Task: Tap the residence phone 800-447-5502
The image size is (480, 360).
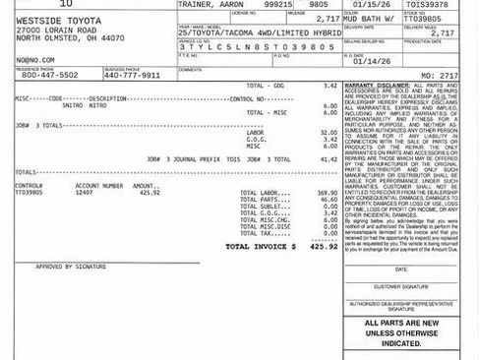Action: pos(49,74)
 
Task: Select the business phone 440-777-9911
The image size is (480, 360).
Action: pos(132,74)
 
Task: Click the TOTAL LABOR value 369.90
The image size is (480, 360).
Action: pos(321,193)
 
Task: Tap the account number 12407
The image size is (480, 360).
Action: pos(86,192)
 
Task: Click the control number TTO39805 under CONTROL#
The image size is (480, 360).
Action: pos(29,192)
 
